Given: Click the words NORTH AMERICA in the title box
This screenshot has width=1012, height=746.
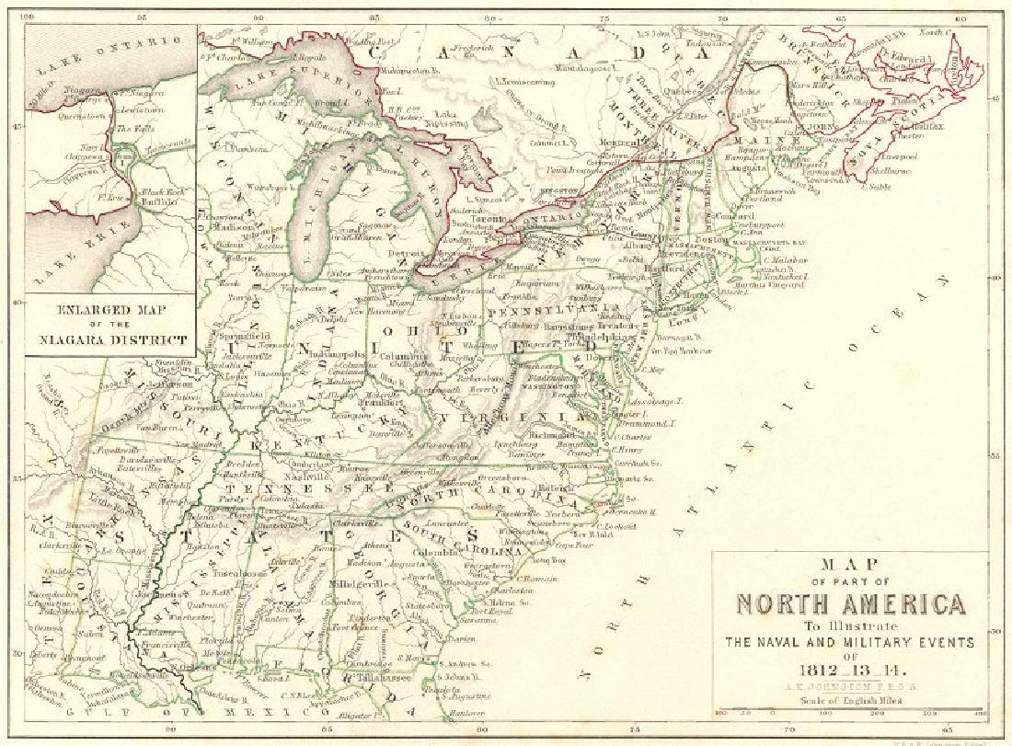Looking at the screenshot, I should pyautogui.click(x=850, y=605).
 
